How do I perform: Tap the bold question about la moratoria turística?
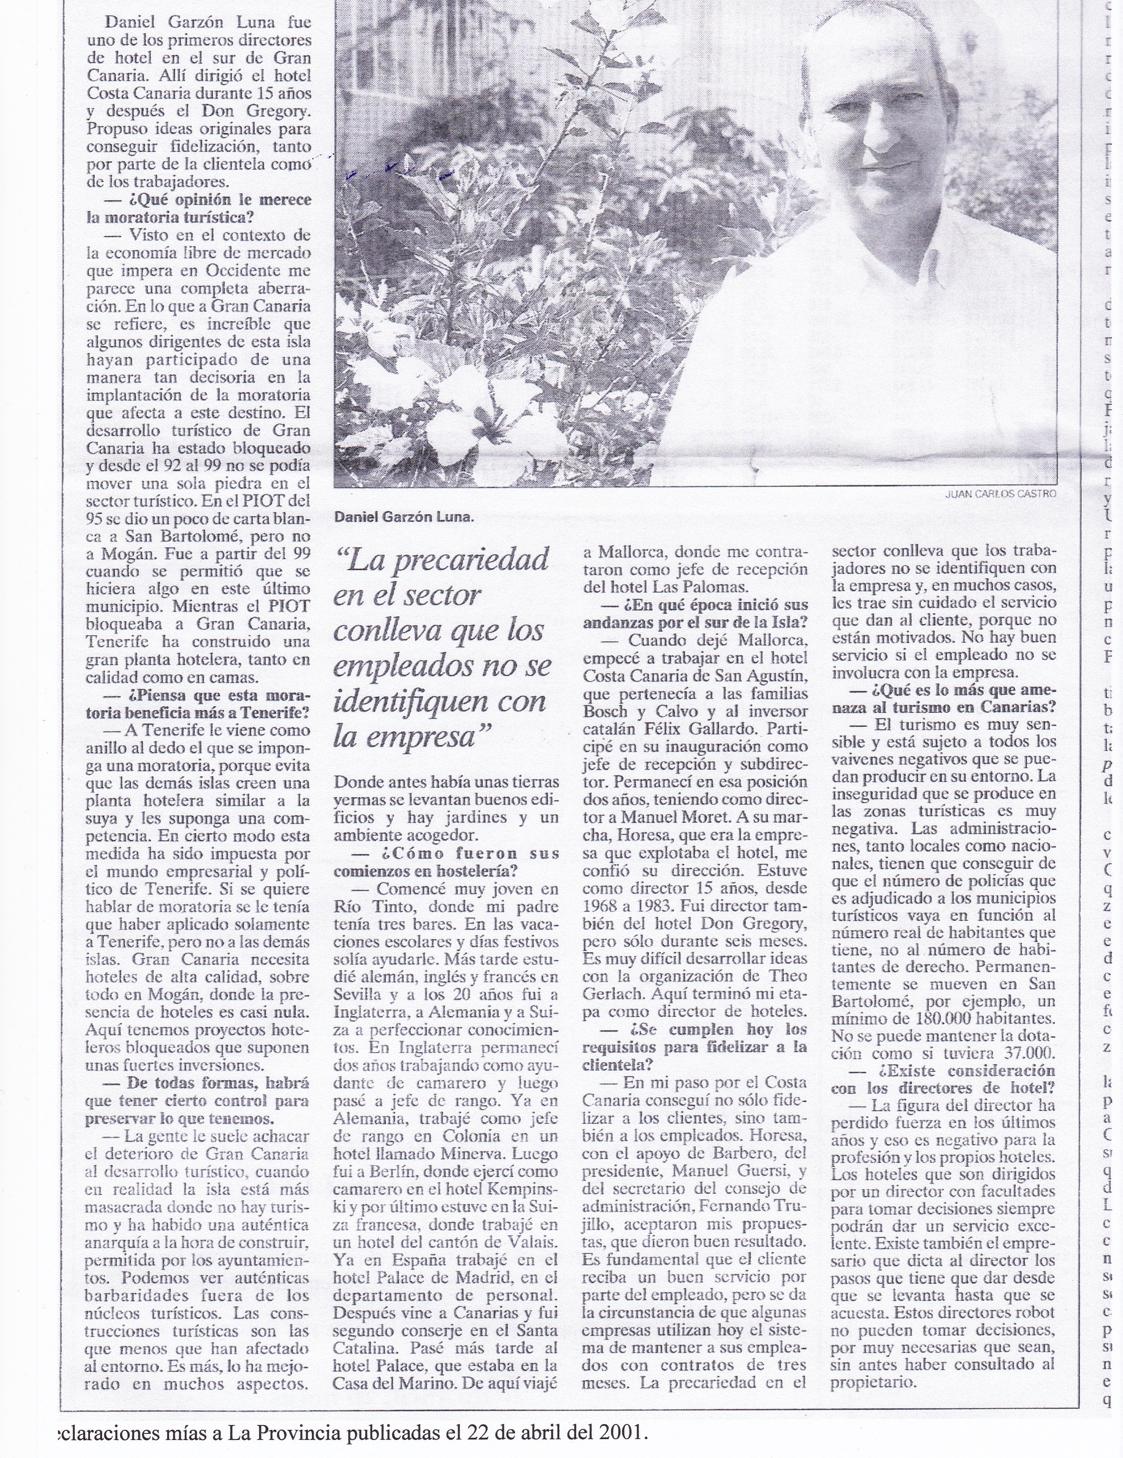(199, 208)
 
